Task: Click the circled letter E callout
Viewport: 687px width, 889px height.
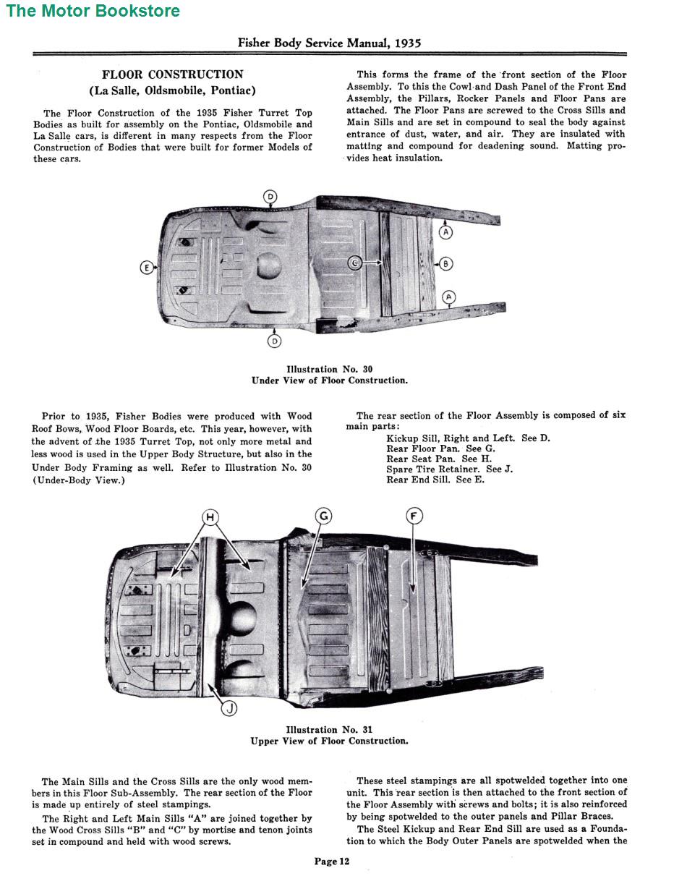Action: [147, 268]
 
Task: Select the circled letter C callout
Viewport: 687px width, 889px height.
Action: [354, 263]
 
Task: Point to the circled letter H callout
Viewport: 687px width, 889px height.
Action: [210, 516]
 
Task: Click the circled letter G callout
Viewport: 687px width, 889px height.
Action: [323, 516]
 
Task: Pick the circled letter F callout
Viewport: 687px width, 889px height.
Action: [414, 516]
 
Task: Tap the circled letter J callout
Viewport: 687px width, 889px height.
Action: [229, 708]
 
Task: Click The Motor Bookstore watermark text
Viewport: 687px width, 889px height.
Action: [93, 11]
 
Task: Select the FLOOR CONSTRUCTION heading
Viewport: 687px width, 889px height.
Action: [172, 75]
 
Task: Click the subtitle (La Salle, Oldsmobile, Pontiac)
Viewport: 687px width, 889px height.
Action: [172, 91]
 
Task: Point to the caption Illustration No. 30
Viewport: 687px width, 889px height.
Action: [329, 369]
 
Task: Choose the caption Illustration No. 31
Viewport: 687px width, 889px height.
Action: [329, 730]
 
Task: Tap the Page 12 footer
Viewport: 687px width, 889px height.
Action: [332, 861]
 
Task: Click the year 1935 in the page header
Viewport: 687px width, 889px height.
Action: [408, 43]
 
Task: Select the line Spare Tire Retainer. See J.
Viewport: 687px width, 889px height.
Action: [449, 469]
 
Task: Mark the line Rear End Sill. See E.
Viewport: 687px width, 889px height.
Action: [435, 480]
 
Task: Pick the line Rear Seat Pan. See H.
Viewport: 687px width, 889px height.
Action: [439, 459]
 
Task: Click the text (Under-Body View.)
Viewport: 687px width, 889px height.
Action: [78, 480]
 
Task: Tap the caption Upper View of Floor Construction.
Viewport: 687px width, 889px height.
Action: [329, 741]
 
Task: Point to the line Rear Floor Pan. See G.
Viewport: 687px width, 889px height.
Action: [440, 448]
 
